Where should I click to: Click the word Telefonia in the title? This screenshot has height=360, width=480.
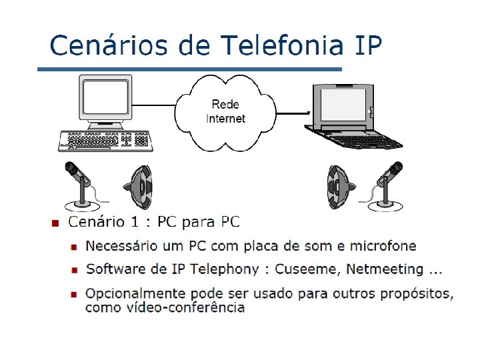pyautogui.click(x=282, y=46)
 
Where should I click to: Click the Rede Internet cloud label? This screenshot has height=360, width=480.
pyautogui.click(x=226, y=111)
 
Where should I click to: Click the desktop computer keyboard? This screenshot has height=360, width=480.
pyautogui.click(x=105, y=139)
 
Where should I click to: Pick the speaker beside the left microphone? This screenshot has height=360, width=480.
pyautogui.click(x=141, y=187)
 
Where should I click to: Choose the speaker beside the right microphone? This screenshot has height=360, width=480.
pyautogui.click(x=338, y=187)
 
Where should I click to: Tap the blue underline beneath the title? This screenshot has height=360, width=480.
pyautogui.click(x=189, y=69)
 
